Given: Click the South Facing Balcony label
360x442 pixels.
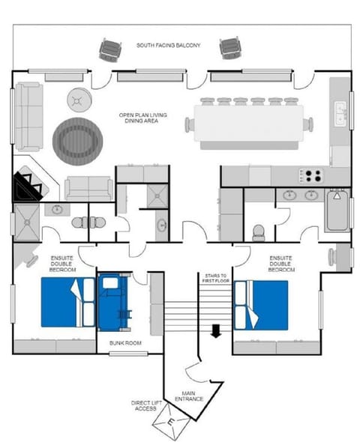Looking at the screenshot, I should click(x=168, y=46).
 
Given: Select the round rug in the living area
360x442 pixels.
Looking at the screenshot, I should click(x=79, y=138).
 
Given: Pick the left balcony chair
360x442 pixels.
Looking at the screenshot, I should click(x=110, y=49).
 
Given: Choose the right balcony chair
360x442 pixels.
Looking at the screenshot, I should click(x=229, y=48).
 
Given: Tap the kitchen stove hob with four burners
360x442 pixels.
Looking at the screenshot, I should click(x=311, y=176).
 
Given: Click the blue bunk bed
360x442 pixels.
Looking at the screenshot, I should click(x=115, y=302).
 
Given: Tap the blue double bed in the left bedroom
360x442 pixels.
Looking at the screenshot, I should click(x=67, y=303).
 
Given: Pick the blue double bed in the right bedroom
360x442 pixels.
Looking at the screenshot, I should click(x=261, y=305).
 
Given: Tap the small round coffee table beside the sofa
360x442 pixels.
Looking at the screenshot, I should click(x=79, y=99).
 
